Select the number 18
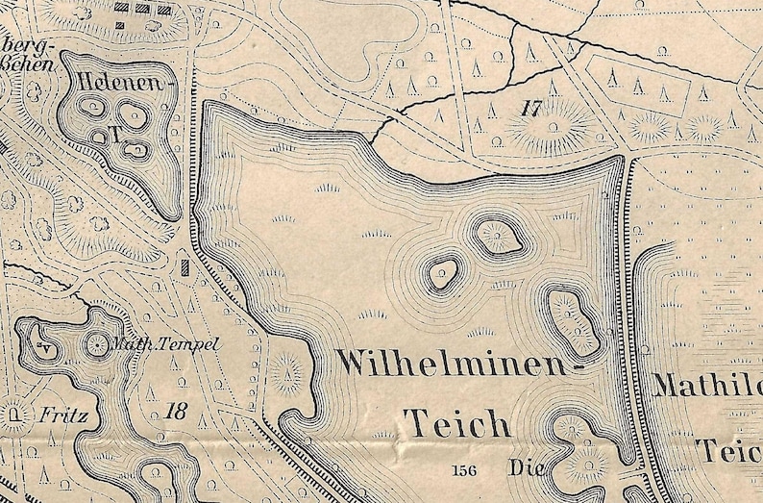(175, 413)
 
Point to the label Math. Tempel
(167, 344)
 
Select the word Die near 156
(528, 469)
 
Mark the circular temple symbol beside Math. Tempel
(98, 343)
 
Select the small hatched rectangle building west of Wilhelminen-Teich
(185, 263)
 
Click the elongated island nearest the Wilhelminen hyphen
(574, 319)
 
